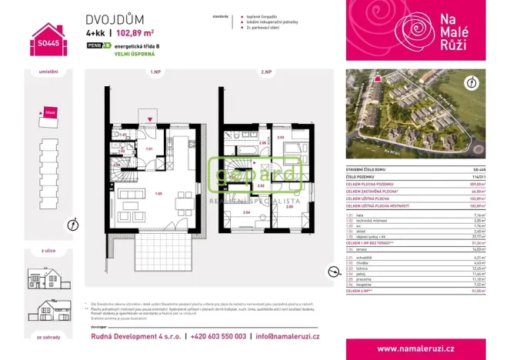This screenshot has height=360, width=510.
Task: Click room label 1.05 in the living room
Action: point(158,192)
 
